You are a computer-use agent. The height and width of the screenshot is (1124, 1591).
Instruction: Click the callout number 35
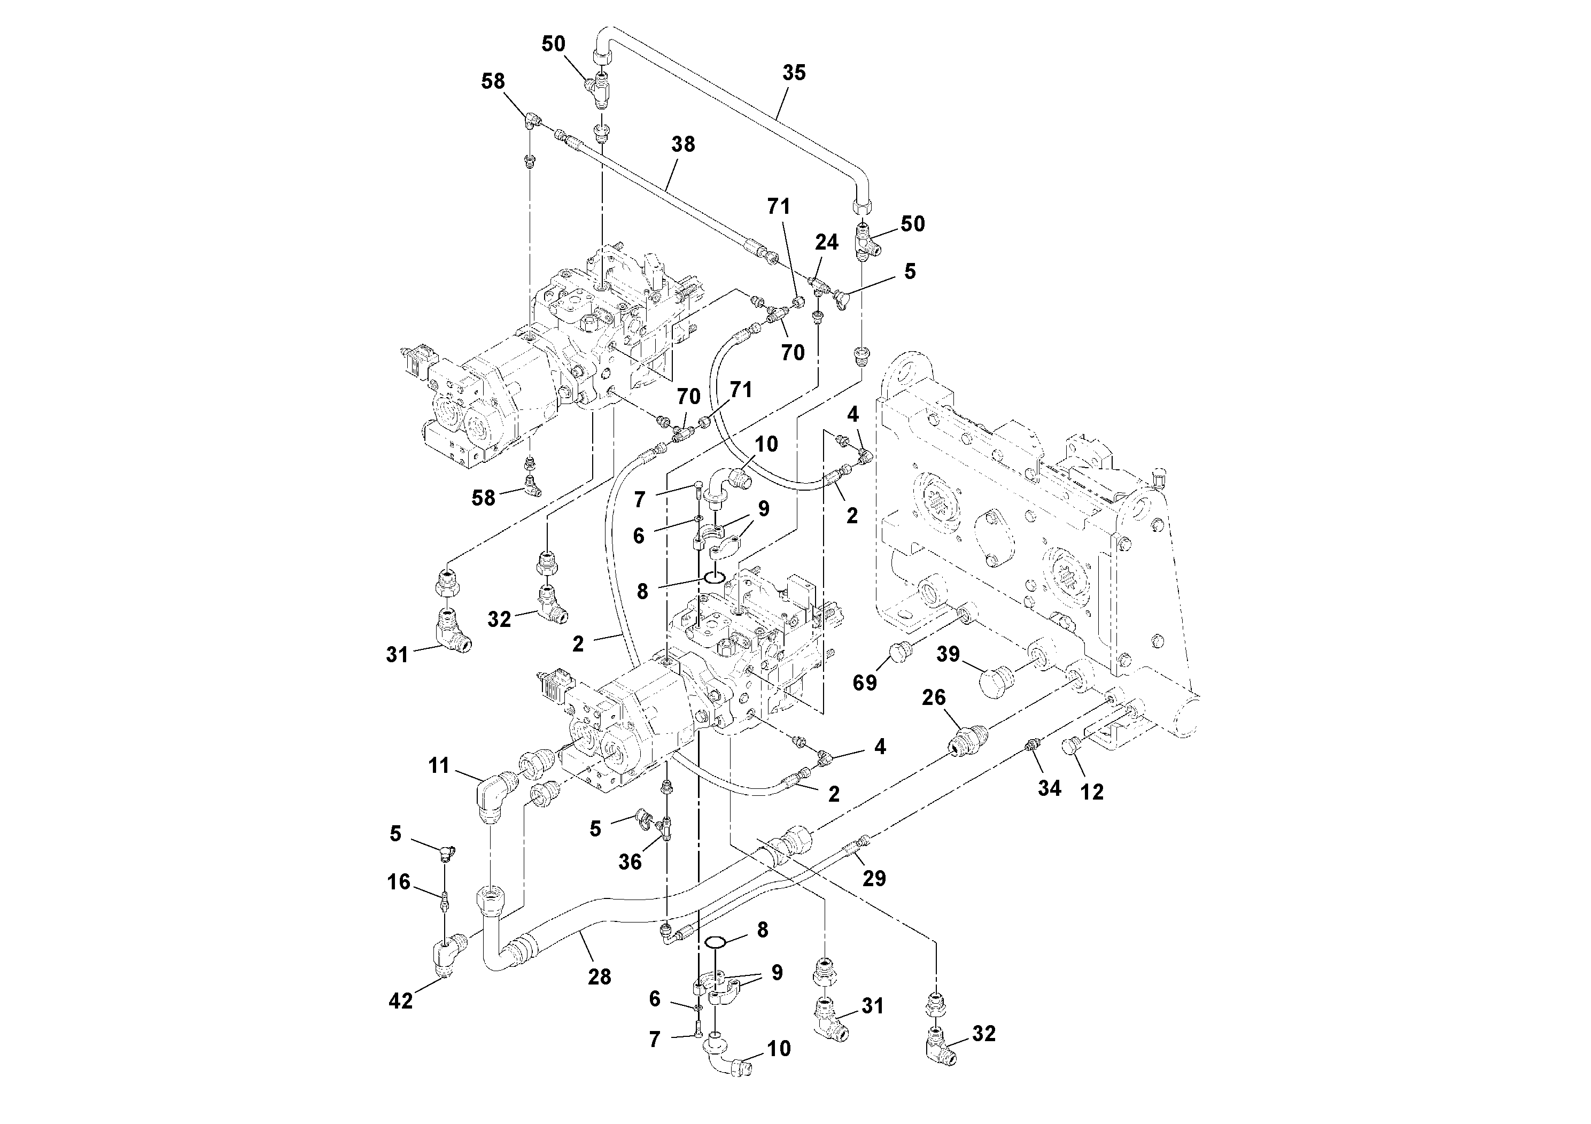click(794, 73)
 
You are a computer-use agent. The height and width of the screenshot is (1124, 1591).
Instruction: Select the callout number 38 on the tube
click(682, 144)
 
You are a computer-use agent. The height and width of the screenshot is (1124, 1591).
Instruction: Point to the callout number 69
click(864, 683)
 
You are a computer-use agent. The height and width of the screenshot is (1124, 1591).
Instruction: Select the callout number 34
click(1049, 788)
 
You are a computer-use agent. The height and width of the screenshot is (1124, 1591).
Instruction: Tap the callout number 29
click(874, 878)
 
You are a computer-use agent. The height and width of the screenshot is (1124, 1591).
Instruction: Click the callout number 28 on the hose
click(600, 976)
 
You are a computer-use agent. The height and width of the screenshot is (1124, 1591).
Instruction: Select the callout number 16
click(399, 882)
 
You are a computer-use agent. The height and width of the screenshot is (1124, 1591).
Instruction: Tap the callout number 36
click(630, 862)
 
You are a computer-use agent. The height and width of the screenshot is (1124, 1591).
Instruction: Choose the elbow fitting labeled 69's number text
click(864, 683)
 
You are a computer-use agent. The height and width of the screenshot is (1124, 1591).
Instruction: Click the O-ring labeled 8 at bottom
click(716, 942)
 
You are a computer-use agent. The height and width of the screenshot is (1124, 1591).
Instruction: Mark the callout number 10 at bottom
click(779, 1049)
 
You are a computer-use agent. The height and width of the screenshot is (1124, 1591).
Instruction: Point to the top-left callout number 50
click(553, 44)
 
